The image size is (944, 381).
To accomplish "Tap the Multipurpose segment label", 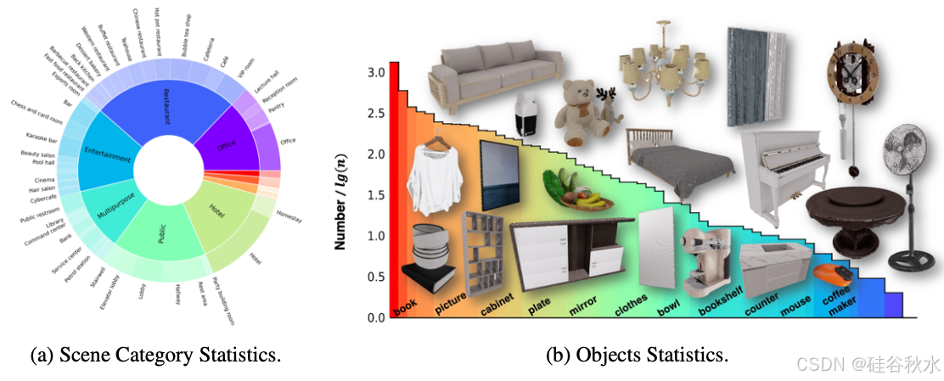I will [111, 205].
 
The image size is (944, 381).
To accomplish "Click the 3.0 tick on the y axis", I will [374, 73].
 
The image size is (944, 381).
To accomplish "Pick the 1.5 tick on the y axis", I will [374, 195].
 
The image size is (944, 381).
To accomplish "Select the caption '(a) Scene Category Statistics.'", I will [155, 356].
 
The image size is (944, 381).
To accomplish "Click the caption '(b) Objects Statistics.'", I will [637, 356].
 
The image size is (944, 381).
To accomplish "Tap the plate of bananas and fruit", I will [578, 192].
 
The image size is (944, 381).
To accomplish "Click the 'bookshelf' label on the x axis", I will [721, 300].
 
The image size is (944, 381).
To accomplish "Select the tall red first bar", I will [394, 187].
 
